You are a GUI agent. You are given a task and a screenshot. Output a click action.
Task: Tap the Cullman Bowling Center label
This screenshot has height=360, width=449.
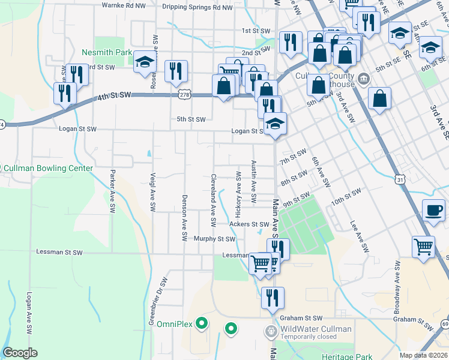[x=49, y=169]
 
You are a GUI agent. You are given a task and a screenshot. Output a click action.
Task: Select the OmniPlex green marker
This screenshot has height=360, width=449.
[x=202, y=324]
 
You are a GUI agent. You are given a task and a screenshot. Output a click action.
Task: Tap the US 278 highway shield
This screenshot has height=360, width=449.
[x=184, y=94]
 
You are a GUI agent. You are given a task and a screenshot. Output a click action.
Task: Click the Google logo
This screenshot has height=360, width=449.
[x=20, y=353]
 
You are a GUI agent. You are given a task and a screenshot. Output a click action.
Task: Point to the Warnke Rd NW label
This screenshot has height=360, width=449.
[x=124, y=5]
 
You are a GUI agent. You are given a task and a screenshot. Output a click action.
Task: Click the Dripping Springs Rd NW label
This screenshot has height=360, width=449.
[x=197, y=8]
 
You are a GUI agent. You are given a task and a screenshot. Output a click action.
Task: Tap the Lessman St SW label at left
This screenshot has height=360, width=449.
[x=59, y=253]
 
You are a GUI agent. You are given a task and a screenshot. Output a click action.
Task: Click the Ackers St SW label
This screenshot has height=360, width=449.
[x=249, y=224]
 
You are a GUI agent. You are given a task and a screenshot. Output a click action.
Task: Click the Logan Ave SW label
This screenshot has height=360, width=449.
[x=28, y=314]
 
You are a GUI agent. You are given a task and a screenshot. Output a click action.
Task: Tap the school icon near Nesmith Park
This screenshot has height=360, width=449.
[x=145, y=62]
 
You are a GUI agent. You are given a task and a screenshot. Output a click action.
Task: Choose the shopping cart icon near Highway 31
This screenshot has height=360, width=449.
[x=423, y=246]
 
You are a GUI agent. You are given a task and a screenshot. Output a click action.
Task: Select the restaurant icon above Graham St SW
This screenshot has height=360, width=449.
[x=273, y=296]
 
